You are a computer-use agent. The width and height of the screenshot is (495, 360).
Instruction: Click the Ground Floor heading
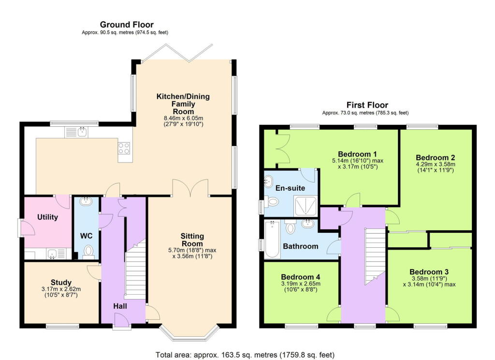click(x=127, y=25)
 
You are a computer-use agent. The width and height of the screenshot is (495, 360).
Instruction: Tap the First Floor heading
click(x=367, y=105)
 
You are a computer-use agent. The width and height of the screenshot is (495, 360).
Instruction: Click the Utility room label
click(x=48, y=217)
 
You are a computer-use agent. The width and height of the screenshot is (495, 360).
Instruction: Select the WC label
click(x=86, y=236)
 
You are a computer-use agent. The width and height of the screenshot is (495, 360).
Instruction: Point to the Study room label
click(x=61, y=282)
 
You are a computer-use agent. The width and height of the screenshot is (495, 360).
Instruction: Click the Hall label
click(x=120, y=306)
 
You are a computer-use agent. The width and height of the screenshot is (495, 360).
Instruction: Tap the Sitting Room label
click(x=192, y=240)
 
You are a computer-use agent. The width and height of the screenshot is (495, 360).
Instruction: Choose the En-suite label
click(x=290, y=188)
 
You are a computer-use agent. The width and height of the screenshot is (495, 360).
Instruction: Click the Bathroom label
click(x=301, y=246)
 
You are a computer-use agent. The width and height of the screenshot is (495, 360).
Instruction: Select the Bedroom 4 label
click(x=301, y=277)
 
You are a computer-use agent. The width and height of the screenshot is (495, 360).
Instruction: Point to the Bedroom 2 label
click(x=436, y=157)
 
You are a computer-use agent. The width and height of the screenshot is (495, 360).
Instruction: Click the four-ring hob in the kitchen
click(x=124, y=148)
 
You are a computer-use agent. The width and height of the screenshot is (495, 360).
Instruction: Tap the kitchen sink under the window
click(x=76, y=132)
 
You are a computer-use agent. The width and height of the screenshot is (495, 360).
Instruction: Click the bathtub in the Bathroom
click(x=272, y=239)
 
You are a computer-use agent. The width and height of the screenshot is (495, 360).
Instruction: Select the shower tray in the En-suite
click(x=306, y=206)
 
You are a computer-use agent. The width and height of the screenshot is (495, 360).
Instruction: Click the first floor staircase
click(x=376, y=256)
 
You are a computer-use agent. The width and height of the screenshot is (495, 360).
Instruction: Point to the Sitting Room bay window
click(x=189, y=333)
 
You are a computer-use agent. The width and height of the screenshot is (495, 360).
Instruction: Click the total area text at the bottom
click(x=245, y=355)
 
